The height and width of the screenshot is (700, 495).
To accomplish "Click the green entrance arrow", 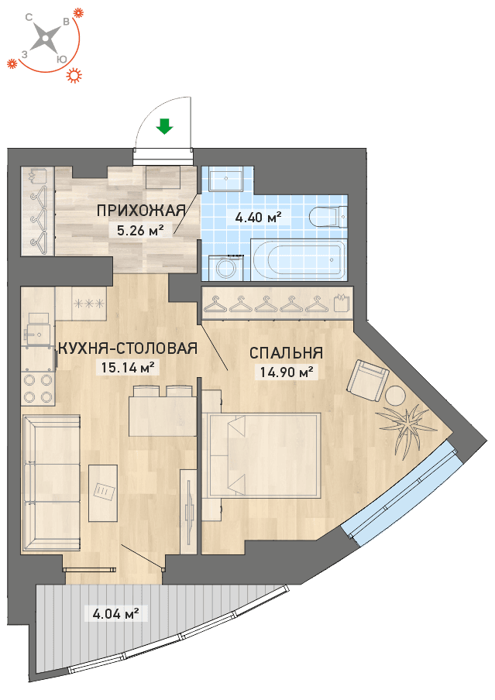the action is click(x=164, y=126).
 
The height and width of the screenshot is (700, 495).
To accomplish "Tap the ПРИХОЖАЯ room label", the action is click(x=141, y=210).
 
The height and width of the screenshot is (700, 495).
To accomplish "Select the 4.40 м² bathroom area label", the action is click(x=258, y=218).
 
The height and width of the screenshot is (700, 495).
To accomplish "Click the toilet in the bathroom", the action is click(x=328, y=218).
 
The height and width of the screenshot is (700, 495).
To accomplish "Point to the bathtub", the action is click(x=298, y=259).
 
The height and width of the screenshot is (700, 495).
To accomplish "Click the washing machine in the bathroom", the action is click(x=223, y=267).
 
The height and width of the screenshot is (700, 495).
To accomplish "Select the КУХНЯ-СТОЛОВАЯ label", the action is click(x=128, y=348).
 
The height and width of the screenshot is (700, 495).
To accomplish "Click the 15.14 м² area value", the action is click(x=128, y=367).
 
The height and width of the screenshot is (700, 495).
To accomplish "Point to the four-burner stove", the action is click(x=37, y=389).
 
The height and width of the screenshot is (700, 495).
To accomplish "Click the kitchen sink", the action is click(x=37, y=331).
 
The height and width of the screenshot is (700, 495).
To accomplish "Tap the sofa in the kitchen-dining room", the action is click(x=50, y=483).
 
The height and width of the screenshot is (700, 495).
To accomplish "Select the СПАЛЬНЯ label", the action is click(x=286, y=352).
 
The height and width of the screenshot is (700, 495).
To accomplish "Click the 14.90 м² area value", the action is click(x=286, y=372).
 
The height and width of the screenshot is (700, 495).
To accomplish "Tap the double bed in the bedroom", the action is click(x=261, y=455).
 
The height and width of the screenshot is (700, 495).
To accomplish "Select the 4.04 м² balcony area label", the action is click(x=115, y=614).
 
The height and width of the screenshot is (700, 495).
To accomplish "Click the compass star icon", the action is click(x=46, y=39).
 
